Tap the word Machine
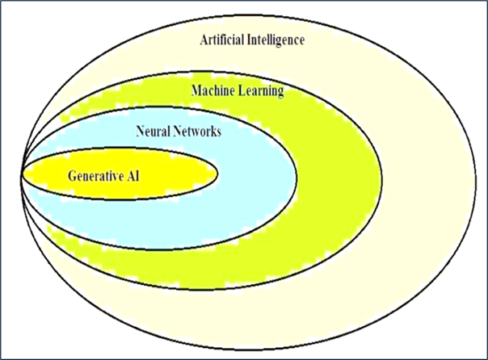point(212,90)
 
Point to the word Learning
point(260,91)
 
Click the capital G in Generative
point(73,174)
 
